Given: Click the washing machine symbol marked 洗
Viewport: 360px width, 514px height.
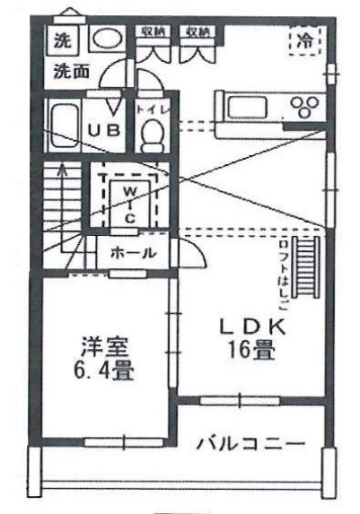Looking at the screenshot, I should tap(62, 40).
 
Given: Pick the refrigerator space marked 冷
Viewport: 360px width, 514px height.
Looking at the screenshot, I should tap(306, 39).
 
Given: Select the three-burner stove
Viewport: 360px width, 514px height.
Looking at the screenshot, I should tap(305, 108).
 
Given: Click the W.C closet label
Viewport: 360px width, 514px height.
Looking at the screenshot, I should tap(130, 203).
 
